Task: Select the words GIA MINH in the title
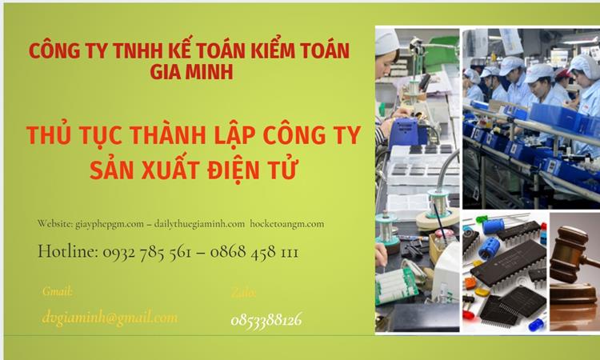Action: pyautogui.click(x=188, y=72)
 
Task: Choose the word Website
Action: pyautogui.click(x=55, y=224)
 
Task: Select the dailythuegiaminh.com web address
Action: pyautogui.click(x=199, y=224)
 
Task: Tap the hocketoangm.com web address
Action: pyautogui.click(x=287, y=224)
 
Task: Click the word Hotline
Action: pyautogui.click(x=67, y=252)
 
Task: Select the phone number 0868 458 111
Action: pyautogui.click(x=255, y=252)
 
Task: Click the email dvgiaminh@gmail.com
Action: pyautogui.click(x=110, y=318)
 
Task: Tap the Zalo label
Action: pyautogui.click(x=243, y=293)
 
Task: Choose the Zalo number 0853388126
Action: pyautogui.click(x=266, y=320)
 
